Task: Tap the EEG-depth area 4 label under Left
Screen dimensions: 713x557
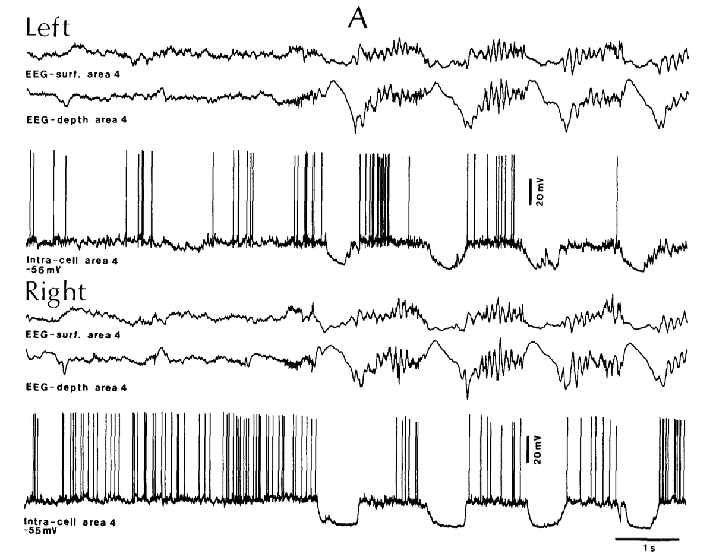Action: (x=77, y=119)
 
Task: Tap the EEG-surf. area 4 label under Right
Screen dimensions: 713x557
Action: (x=74, y=334)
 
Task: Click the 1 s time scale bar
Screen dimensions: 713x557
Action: (x=646, y=539)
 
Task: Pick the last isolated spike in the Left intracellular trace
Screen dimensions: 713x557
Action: (x=617, y=196)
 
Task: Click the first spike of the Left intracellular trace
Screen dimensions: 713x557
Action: (x=32, y=196)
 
